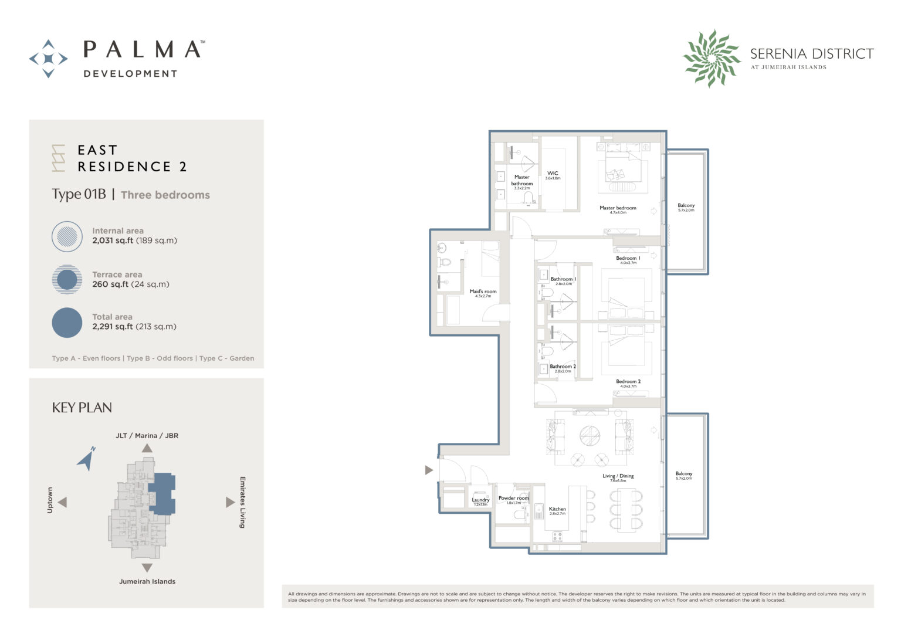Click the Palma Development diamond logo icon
click(x=48, y=59)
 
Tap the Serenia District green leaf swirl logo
click(x=712, y=59)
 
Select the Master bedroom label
click(x=618, y=208)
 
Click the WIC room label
click(x=553, y=174)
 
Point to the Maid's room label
click(x=483, y=292)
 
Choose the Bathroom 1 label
click(x=563, y=279)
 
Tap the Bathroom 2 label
click(x=563, y=367)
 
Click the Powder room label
click(x=513, y=499)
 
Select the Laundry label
click(x=480, y=500)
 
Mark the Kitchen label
click(x=557, y=509)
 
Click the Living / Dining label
click(x=618, y=476)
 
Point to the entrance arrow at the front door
click(x=429, y=470)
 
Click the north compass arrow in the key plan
click(x=87, y=459)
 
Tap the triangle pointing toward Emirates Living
click(x=230, y=502)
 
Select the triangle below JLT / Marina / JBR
click(x=147, y=448)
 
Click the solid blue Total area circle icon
click(x=67, y=323)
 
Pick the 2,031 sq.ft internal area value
click(x=112, y=240)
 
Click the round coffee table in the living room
click(x=590, y=435)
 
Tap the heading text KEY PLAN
click(x=82, y=408)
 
